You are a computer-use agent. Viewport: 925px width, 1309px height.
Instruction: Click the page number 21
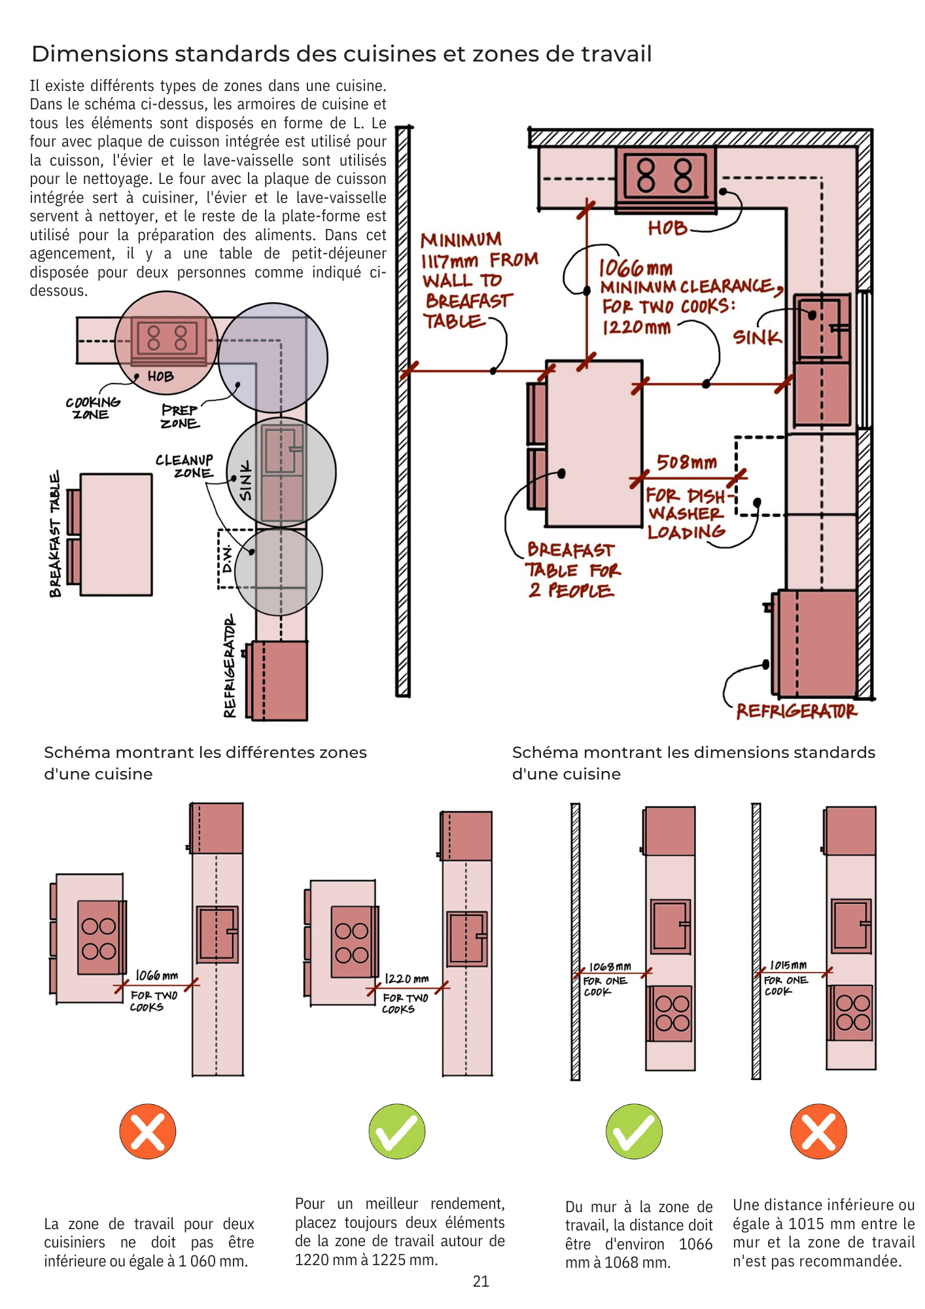pyautogui.click(x=481, y=1282)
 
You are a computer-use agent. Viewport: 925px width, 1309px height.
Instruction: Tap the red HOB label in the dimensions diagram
pyautogui.click(x=667, y=228)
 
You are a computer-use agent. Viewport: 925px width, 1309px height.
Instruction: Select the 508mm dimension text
pyautogui.click(x=686, y=463)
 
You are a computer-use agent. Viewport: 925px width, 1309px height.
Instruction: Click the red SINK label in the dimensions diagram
pyautogui.click(x=757, y=337)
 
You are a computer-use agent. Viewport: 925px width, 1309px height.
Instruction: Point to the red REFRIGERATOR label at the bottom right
pyautogui.click(x=796, y=711)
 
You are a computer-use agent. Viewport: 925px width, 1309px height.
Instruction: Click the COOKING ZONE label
pyautogui.click(x=92, y=408)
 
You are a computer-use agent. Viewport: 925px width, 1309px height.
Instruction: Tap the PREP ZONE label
pyautogui.click(x=180, y=416)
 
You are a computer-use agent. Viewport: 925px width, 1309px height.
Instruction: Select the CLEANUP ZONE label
pyautogui.click(x=184, y=467)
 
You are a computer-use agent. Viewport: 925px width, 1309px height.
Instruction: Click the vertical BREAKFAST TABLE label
pyautogui.click(x=55, y=533)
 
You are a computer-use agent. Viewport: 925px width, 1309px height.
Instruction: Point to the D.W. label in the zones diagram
pyautogui.click(x=227, y=558)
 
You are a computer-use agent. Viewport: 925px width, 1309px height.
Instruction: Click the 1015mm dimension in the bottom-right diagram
pyautogui.click(x=788, y=965)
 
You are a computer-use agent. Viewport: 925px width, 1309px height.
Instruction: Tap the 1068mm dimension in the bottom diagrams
pyautogui.click(x=610, y=967)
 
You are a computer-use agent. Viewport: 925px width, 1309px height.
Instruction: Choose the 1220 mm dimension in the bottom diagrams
pyautogui.click(x=406, y=978)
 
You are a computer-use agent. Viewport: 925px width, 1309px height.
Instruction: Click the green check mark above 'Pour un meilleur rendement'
pyautogui.click(x=397, y=1132)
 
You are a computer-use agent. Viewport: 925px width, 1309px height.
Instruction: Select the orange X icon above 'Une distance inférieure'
pyautogui.click(x=818, y=1132)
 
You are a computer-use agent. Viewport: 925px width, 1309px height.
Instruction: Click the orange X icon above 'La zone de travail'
pyautogui.click(x=148, y=1132)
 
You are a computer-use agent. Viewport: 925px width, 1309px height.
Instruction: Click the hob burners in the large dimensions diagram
pyautogui.click(x=665, y=175)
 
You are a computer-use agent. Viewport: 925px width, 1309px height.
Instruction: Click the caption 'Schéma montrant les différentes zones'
pyautogui.click(x=205, y=753)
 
